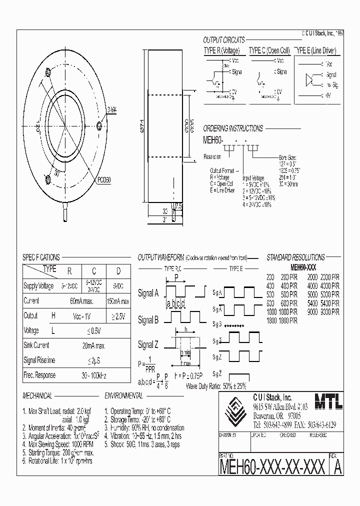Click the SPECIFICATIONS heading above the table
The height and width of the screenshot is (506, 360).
pos(41,257)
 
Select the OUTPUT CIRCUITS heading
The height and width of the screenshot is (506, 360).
pos(224,40)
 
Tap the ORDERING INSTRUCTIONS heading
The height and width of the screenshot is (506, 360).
pos(232,128)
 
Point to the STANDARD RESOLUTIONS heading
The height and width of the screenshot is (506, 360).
pos(295,257)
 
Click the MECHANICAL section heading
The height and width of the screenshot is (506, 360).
pos(37,396)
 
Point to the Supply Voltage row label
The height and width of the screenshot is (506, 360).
pos(38,286)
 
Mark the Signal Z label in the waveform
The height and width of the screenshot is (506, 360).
pos(148,344)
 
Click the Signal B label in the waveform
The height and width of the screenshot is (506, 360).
pos(148,320)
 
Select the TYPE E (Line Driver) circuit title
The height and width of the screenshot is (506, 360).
pos(316,51)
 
